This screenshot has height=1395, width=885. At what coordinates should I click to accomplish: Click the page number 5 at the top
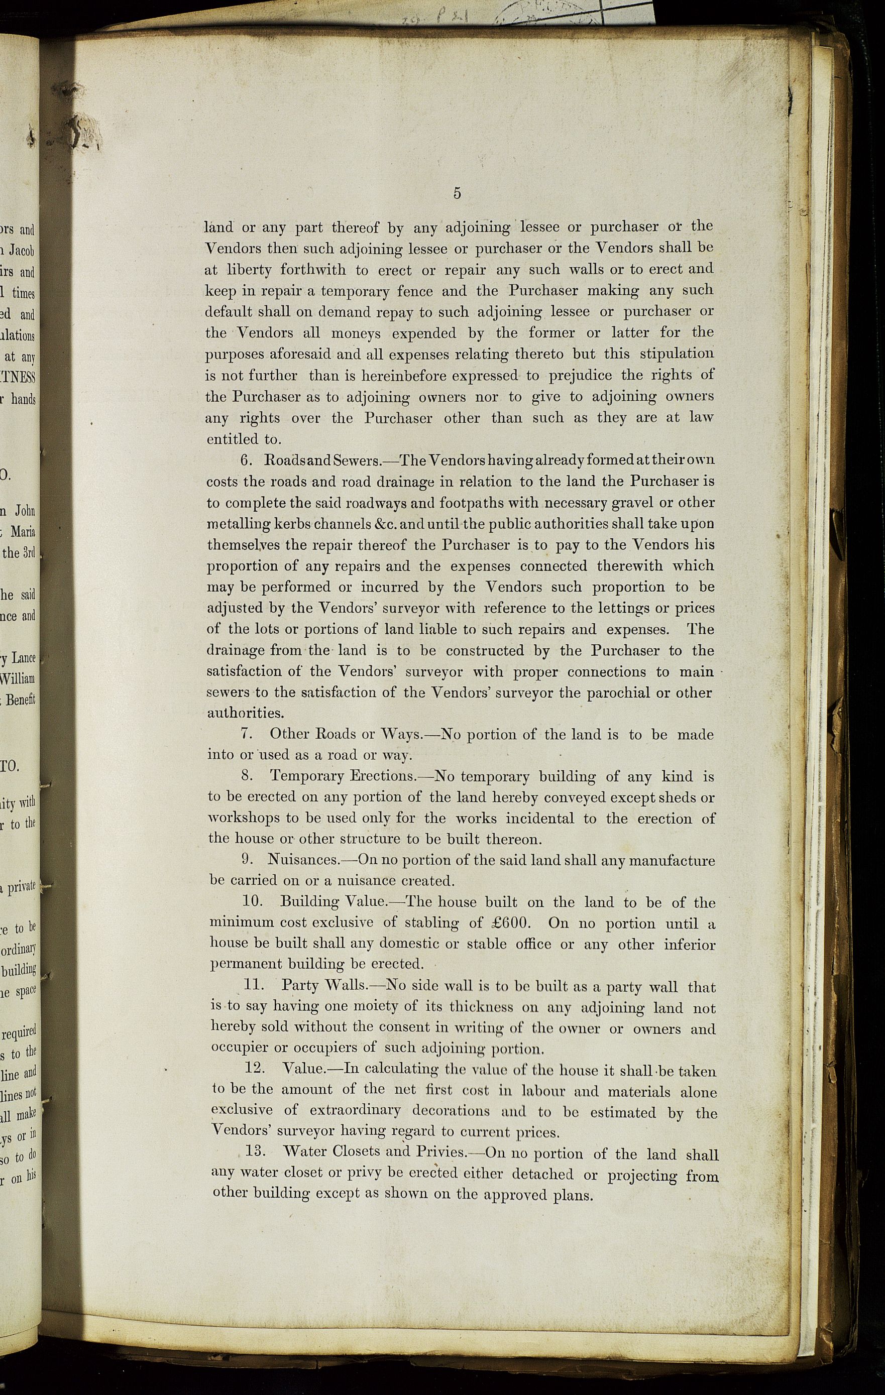[x=457, y=193]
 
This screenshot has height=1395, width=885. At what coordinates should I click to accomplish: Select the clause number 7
[x=246, y=734]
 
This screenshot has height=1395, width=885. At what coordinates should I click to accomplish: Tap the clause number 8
[x=246, y=776]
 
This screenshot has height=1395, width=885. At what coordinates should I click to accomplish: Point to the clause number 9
[x=246, y=860]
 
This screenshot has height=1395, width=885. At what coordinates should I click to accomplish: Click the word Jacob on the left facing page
[x=22, y=252]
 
